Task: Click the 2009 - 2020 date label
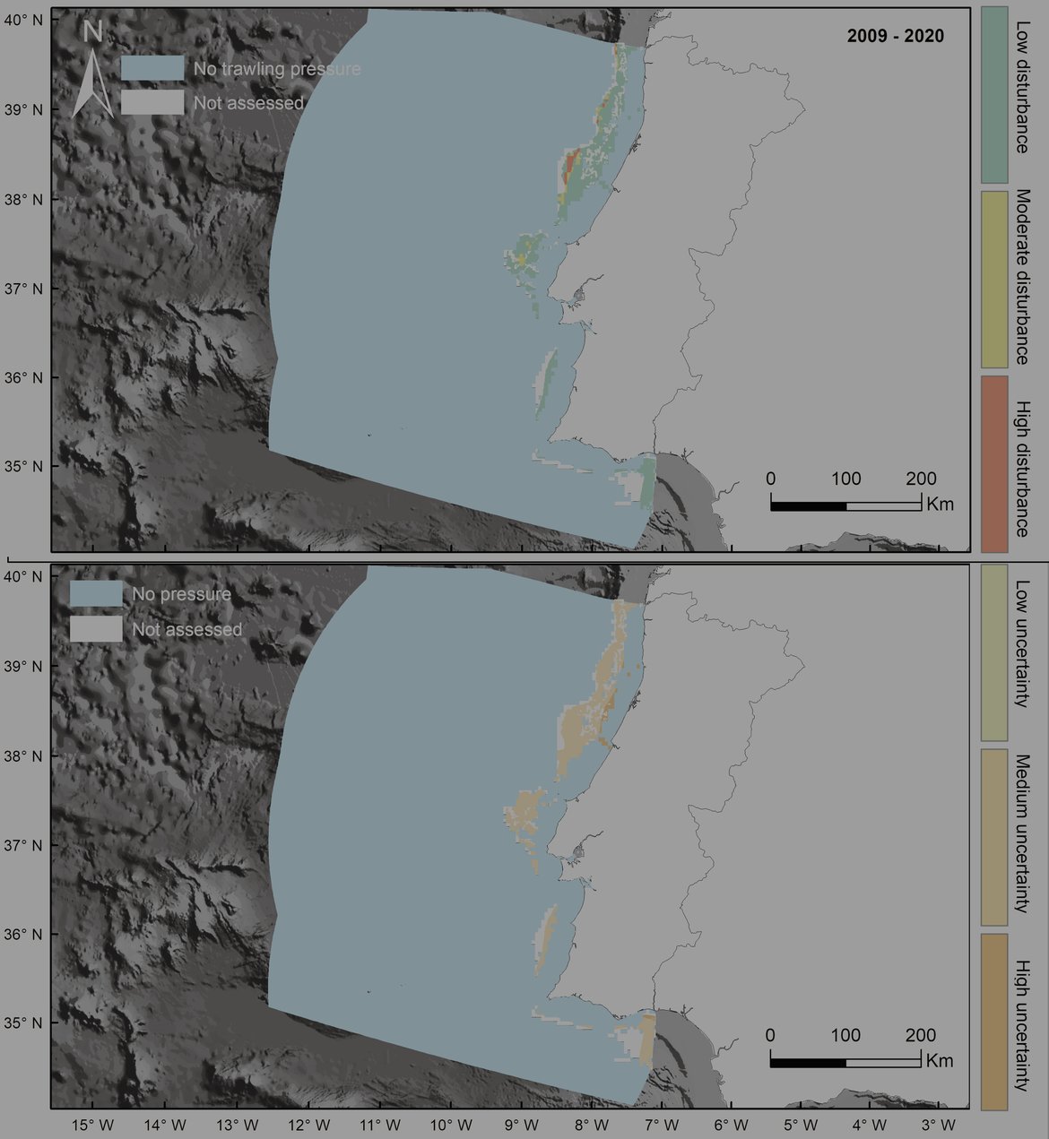895,37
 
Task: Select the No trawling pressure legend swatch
152,68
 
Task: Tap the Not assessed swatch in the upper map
152,102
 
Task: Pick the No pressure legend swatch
96,593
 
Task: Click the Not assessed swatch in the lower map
96,629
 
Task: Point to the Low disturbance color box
995,95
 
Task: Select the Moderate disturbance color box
995,279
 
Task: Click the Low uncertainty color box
995,651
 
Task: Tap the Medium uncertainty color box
995,837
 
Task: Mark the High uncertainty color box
995,1022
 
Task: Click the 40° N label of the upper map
24,18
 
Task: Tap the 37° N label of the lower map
24,845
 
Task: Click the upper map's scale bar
845,506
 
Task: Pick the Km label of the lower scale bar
941,1061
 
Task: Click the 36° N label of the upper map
24,377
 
